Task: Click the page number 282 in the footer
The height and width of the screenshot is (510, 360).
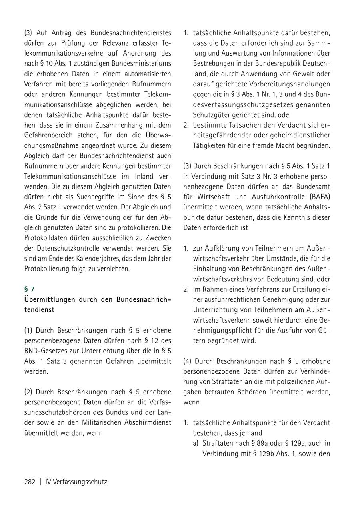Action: tap(30, 482)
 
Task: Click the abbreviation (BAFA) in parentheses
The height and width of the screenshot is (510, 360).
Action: tap(317, 196)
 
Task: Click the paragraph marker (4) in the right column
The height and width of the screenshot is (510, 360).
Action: tap(187, 361)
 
